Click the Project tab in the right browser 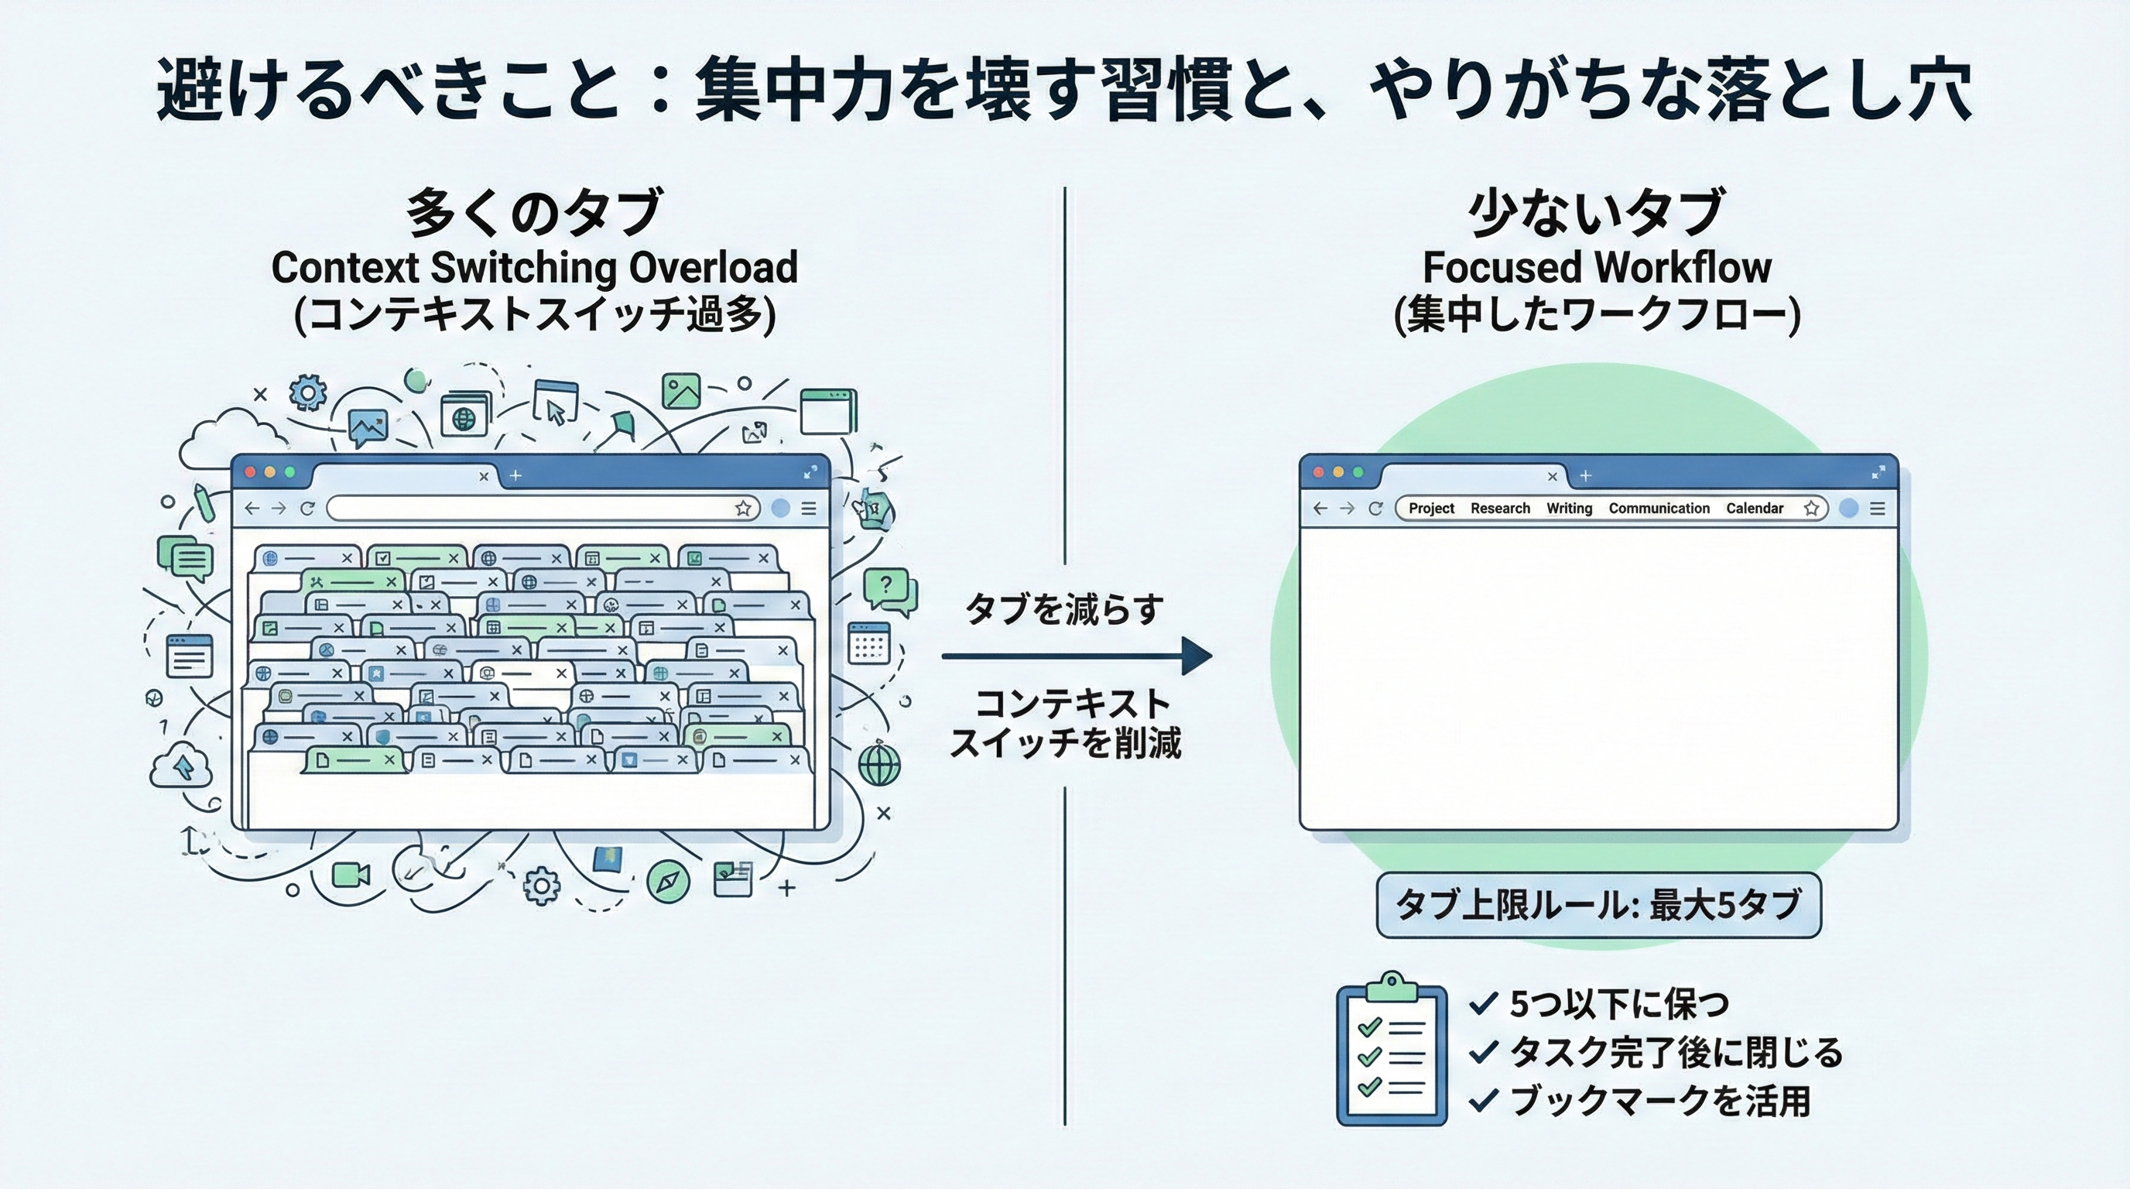tap(1431, 508)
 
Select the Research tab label tap(1500, 508)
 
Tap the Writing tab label tap(1569, 508)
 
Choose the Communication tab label tap(1659, 508)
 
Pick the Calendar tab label tap(1754, 508)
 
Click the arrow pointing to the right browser tap(1075, 656)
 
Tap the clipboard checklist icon tap(1392, 1050)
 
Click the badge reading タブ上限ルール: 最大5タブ tap(1597, 905)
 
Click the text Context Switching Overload tap(534, 267)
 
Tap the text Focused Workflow tap(1596, 267)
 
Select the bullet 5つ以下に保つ tap(1619, 1004)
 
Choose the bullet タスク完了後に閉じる tap(1675, 1052)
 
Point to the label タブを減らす tap(1065, 609)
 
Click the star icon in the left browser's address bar tap(742, 509)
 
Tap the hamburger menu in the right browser tap(1877, 509)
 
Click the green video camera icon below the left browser tap(351, 874)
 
